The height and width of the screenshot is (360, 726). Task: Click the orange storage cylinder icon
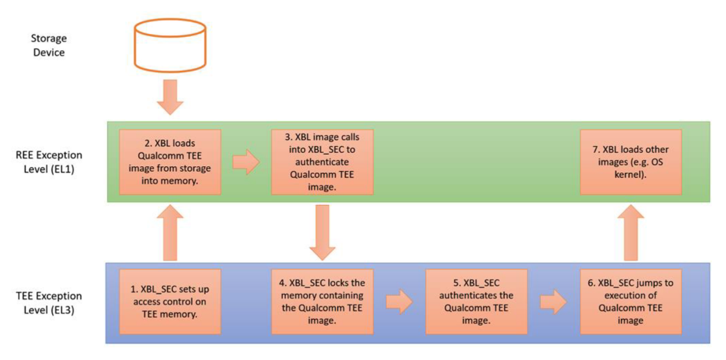click(170, 46)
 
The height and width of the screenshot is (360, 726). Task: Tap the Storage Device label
click(49, 45)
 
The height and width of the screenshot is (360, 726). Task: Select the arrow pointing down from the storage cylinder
click(170, 98)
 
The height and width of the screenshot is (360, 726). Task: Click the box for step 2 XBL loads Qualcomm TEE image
click(170, 161)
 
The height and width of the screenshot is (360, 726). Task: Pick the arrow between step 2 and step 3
click(245, 162)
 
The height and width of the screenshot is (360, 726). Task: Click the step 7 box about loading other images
click(630, 161)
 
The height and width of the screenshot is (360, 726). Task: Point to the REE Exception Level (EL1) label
click(49, 161)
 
